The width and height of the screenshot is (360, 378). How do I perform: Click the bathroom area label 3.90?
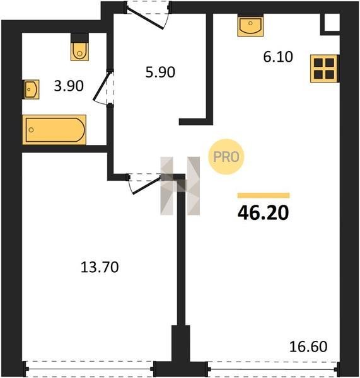pos(69,86)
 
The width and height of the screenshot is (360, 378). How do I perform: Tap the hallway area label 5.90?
pos(160,72)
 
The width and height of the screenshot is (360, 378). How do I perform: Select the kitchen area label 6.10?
pos(278,57)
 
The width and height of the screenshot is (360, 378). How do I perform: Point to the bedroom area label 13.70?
pos(100,267)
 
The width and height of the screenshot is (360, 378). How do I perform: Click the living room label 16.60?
pos(308,346)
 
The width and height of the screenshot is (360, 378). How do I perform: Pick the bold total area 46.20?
pos(263,213)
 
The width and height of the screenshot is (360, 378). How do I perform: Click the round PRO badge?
pos(226,157)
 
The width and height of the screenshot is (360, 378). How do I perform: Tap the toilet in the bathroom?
pos(80,47)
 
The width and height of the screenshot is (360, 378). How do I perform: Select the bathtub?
pos(54,130)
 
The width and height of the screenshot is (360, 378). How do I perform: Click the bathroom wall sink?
pos(31,89)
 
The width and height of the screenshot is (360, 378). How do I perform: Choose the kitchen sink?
pos(250,25)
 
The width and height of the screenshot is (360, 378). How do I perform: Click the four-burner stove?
pos(325,69)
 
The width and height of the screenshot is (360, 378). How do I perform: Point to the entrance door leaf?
pos(145,18)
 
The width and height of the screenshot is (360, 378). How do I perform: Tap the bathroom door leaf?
pos(102,85)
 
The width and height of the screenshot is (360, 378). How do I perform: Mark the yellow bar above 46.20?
pos(264,195)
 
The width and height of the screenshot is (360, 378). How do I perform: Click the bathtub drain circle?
pos(31,130)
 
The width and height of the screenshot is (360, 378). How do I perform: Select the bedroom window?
pos(90,369)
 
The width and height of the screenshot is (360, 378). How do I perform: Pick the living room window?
pos(272,369)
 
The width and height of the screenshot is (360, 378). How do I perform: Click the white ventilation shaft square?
pos(332,23)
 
